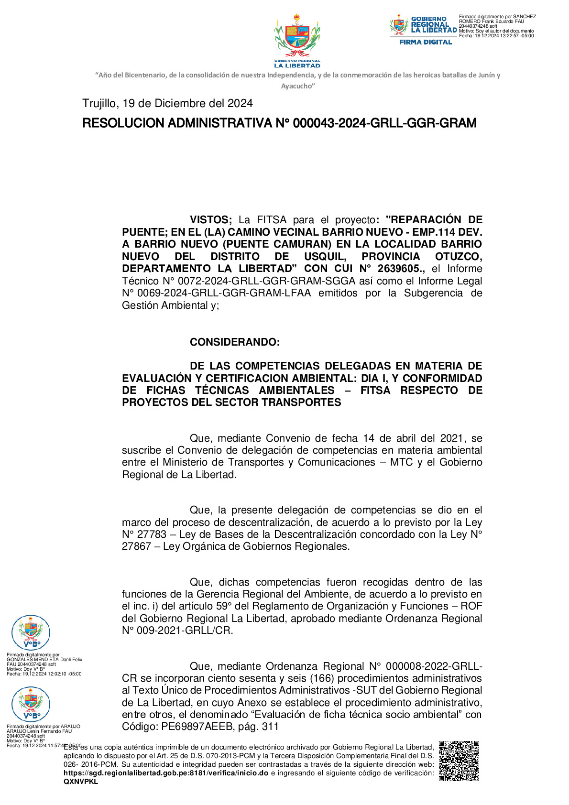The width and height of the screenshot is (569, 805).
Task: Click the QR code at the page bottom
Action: (x=459, y=761)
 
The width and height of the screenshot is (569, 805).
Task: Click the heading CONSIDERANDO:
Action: (x=235, y=342)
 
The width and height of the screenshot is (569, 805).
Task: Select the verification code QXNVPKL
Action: (x=80, y=782)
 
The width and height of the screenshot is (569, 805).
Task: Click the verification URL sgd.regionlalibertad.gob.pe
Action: (x=165, y=773)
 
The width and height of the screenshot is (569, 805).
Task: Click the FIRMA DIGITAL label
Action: (x=426, y=42)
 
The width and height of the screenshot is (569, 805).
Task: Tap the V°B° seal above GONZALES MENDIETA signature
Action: (x=31, y=633)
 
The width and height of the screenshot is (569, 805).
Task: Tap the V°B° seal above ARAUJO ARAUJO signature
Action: (x=31, y=704)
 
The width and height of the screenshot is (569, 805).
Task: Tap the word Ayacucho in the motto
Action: (x=297, y=86)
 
